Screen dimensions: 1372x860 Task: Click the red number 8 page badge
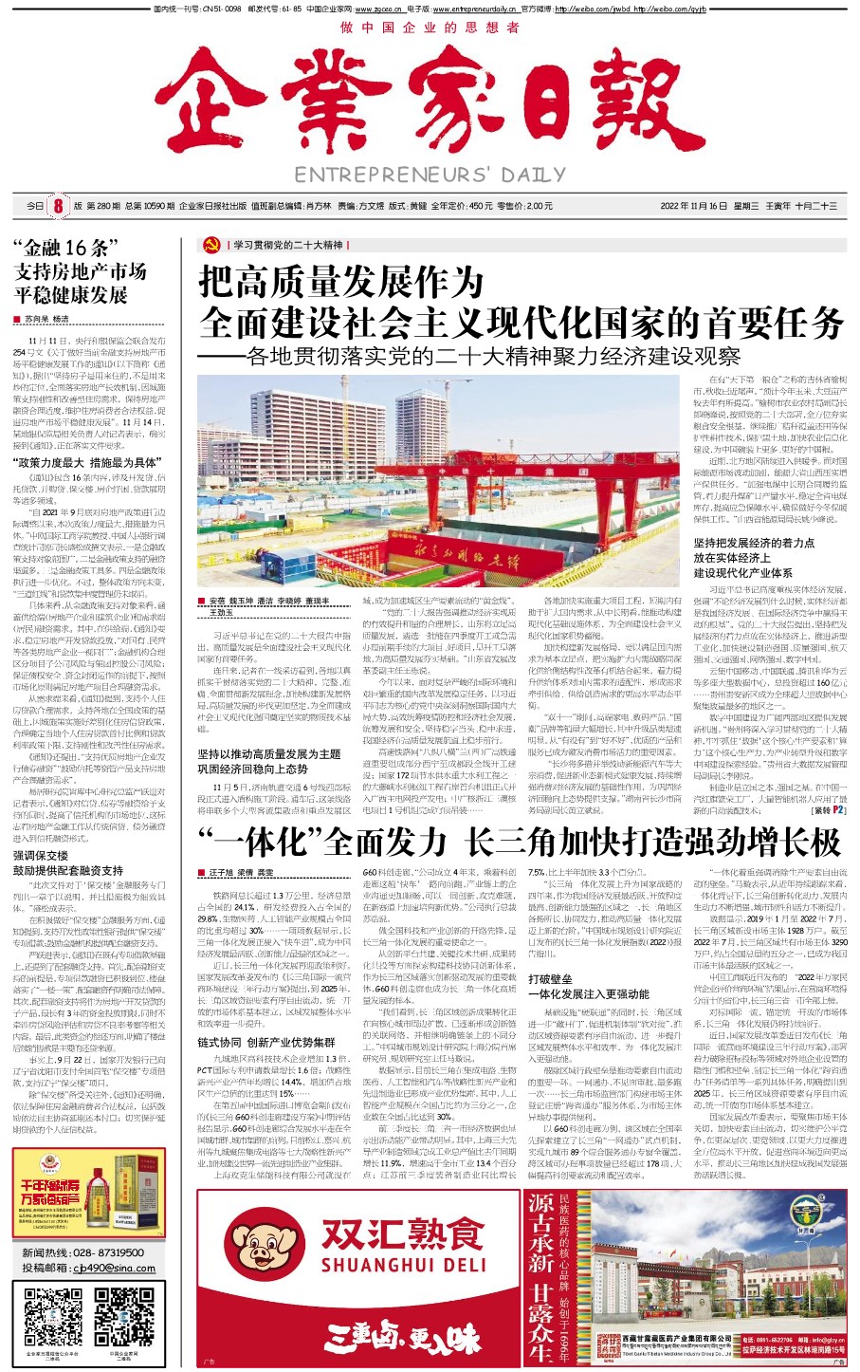coord(57,206)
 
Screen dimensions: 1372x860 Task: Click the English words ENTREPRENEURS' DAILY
coord(430,175)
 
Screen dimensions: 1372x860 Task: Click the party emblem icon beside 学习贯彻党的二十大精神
coord(211,245)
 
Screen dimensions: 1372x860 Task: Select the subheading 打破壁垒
coord(550,978)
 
